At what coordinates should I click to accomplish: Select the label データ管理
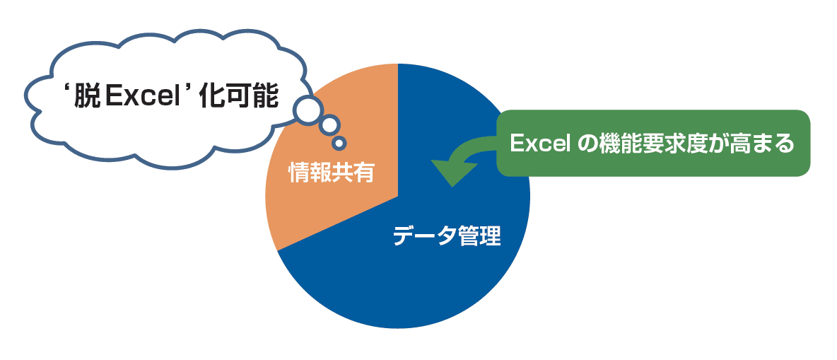pos(447,236)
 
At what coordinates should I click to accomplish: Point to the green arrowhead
pos(452,172)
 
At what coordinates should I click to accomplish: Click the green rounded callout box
pos(653,143)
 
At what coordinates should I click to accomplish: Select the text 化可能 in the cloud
pos(238,98)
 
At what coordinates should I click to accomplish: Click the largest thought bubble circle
pos(308,110)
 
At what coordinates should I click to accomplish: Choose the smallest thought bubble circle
pos(339,143)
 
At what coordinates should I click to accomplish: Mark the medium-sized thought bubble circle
pos(329,125)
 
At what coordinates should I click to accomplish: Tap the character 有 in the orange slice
pos(363,173)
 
